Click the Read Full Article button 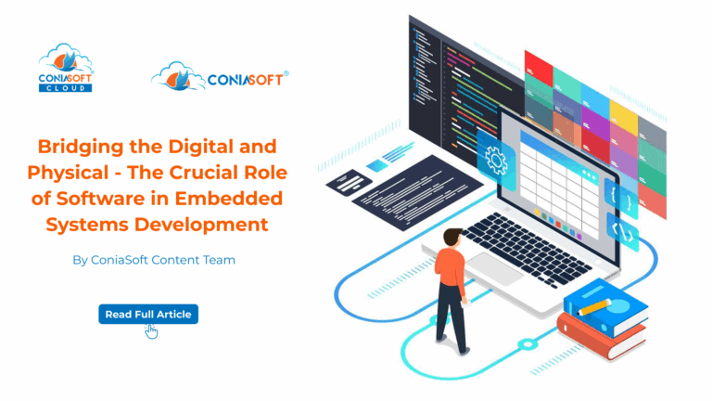tap(148, 314)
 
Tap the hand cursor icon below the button tap(151, 331)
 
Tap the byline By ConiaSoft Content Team tap(154, 260)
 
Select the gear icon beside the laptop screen tap(496, 161)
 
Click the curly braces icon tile tap(622, 194)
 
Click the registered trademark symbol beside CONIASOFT tap(285, 73)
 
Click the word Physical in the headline tap(88, 173)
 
